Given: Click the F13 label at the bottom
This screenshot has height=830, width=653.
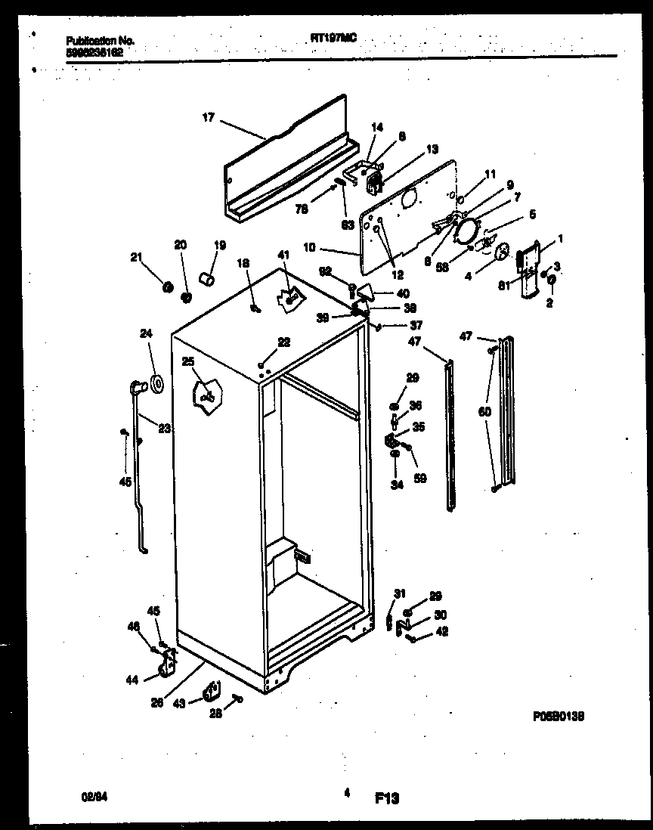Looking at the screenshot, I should coord(386,797).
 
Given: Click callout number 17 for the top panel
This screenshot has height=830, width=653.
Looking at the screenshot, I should coord(208,117).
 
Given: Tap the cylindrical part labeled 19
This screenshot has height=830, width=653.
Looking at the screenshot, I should coord(205,280).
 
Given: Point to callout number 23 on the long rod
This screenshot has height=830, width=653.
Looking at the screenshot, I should coord(164,426).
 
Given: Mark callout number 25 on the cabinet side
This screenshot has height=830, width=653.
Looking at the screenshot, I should coord(187,362).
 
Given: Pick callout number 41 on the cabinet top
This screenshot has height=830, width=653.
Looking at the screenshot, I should coord(283,254).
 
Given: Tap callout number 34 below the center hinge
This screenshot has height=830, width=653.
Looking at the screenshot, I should coord(397,484).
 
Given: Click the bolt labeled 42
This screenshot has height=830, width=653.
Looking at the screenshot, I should coord(413,640).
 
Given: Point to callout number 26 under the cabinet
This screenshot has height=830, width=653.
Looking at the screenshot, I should coord(156,701).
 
